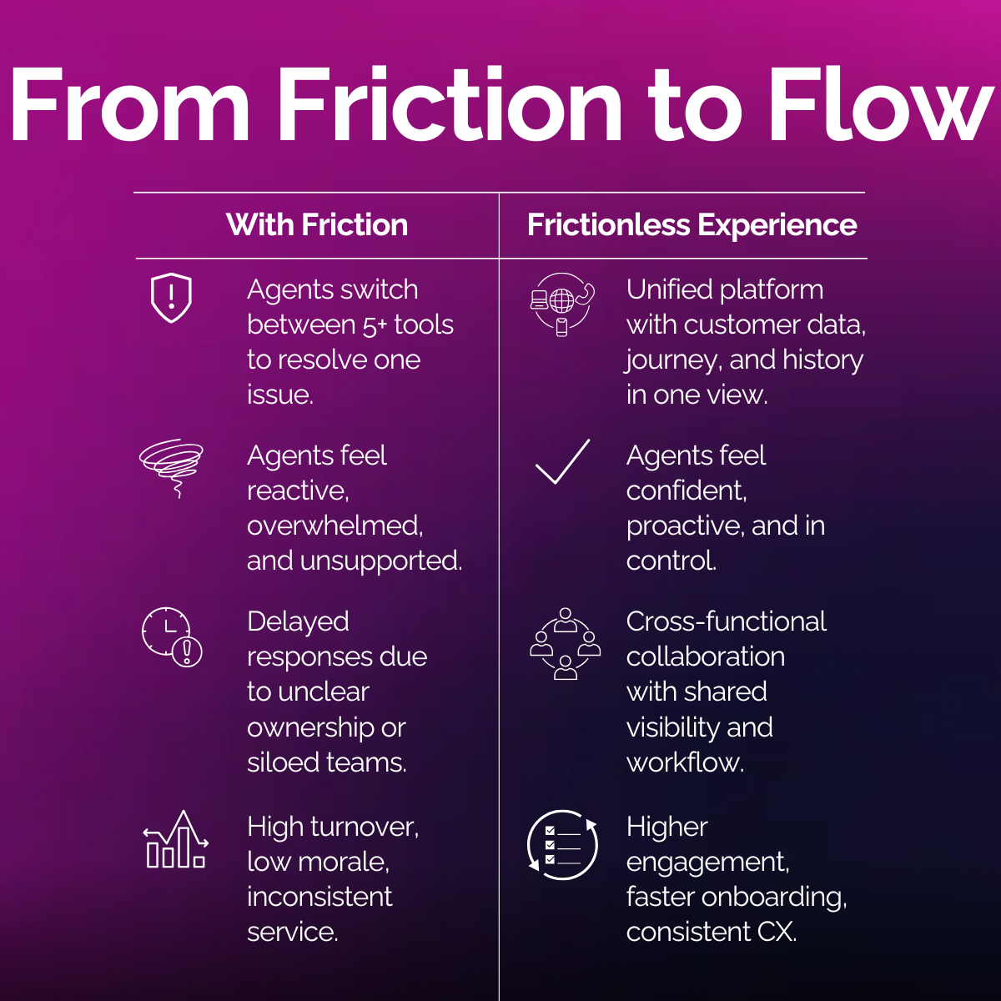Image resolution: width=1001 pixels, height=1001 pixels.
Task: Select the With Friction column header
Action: tap(317, 225)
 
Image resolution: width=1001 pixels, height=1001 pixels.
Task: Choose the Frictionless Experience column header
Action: tap(692, 225)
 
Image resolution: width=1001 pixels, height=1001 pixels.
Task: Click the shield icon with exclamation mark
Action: tap(171, 298)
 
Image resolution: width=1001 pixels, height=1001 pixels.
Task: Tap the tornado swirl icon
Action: tap(171, 465)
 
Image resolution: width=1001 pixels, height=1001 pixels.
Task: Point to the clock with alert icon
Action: tap(171, 636)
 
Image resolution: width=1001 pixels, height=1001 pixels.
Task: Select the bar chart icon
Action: tap(174, 841)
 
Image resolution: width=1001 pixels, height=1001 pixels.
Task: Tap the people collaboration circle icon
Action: tap(565, 643)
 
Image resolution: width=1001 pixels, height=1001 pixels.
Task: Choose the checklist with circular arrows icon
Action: tap(563, 844)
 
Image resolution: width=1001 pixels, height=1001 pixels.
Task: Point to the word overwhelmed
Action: tap(335, 526)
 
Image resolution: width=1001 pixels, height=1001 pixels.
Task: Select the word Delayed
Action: tap(298, 621)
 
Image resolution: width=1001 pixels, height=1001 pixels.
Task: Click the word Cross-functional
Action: tap(726, 621)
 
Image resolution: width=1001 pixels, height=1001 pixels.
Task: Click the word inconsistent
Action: tap(319, 897)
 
